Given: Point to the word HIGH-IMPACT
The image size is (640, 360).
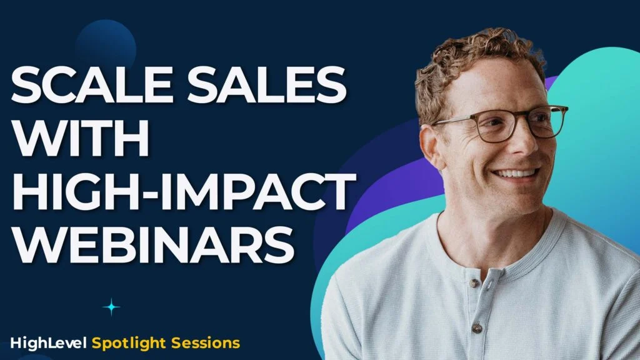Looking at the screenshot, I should [181, 190].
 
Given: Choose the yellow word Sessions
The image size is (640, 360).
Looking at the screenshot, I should [206, 343].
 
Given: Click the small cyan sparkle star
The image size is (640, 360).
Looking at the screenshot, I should [111, 307].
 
